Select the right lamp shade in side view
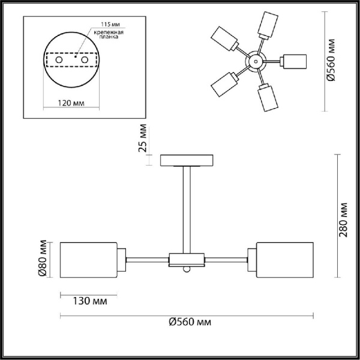286,259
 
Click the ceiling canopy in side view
187,160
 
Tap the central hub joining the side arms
187,259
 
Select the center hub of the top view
255,61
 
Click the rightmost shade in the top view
295,61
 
